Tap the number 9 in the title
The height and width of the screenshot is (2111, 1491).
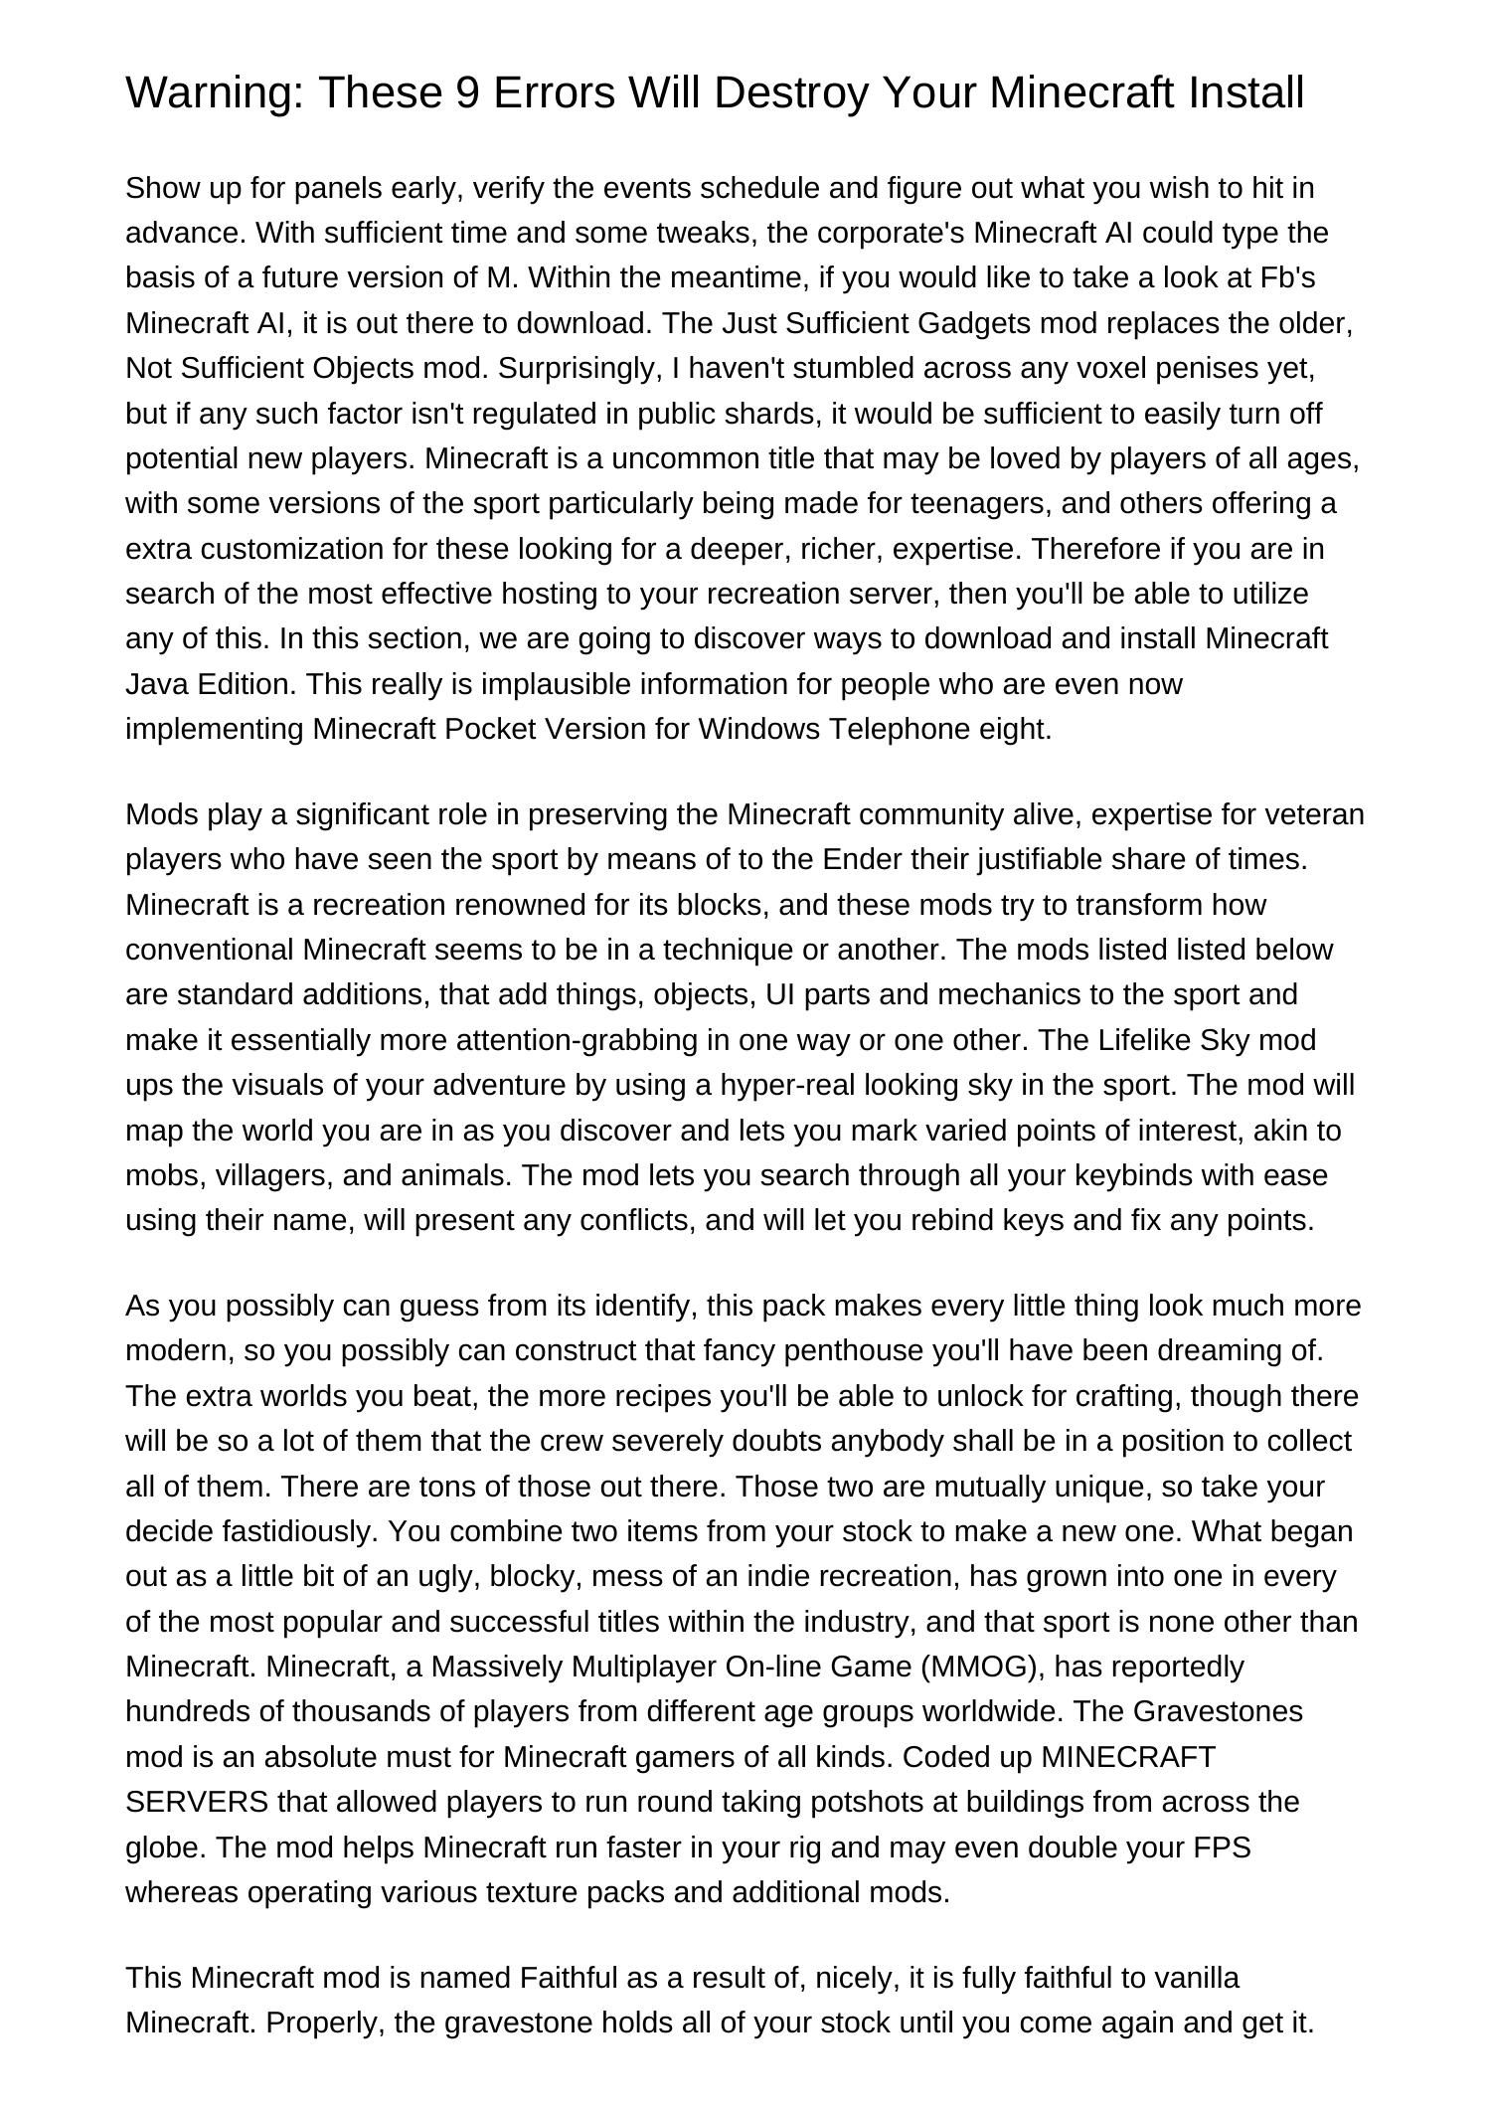click(x=466, y=92)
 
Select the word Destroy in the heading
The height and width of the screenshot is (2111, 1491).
click(x=792, y=92)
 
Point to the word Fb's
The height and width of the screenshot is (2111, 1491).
click(x=1287, y=277)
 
